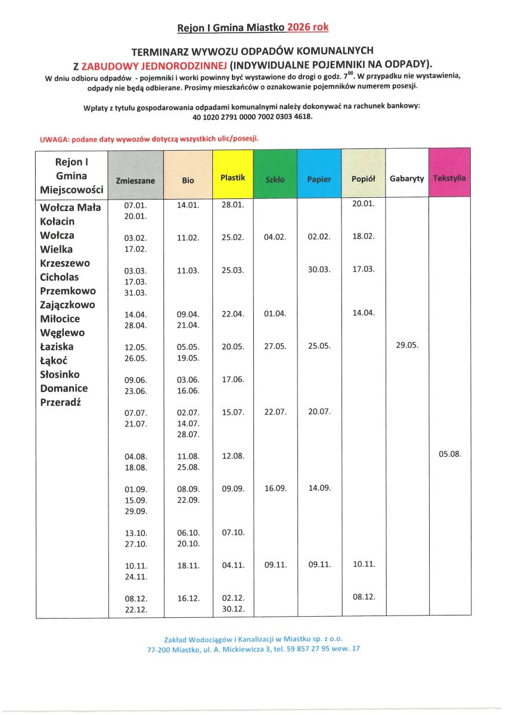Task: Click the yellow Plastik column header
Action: tap(232, 178)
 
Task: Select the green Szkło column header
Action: tap(275, 179)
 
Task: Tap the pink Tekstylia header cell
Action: tap(449, 178)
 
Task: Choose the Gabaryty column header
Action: tap(406, 178)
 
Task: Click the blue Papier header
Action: tap(319, 179)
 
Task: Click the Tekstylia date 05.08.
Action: tap(450, 454)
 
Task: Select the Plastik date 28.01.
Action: tap(233, 204)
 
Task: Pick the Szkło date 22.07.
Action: tap(275, 412)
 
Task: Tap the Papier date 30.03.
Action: tap(319, 269)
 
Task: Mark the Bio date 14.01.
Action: tap(188, 204)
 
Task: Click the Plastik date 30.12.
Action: tap(233, 609)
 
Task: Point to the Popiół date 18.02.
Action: tap(364, 237)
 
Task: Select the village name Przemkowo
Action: tap(67, 291)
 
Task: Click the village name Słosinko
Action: tap(64, 374)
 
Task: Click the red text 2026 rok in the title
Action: tap(308, 27)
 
